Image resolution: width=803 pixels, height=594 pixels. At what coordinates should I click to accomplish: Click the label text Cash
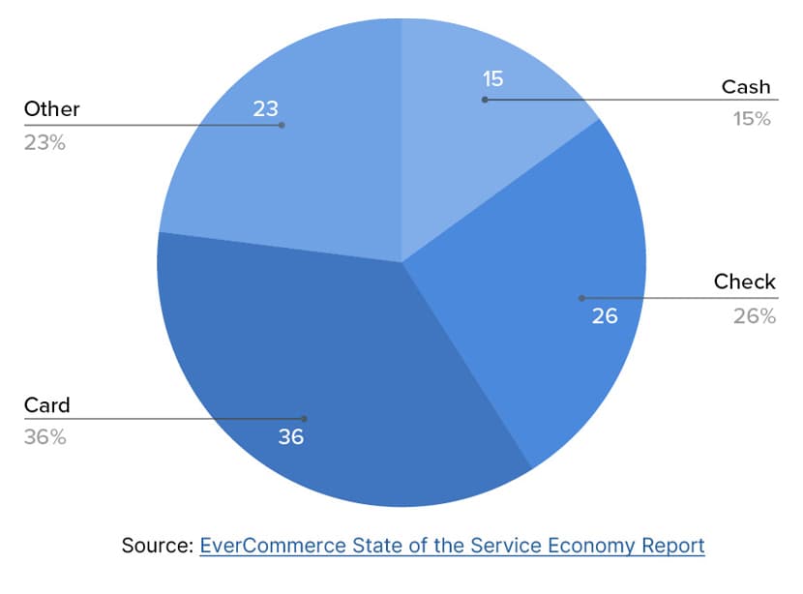click(746, 87)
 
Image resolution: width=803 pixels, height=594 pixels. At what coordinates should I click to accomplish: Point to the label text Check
click(744, 282)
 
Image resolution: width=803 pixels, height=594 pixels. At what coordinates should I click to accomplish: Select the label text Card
click(47, 404)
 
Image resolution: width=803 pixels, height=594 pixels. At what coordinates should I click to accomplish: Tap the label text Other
click(51, 109)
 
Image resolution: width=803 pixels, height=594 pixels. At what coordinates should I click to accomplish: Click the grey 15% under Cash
click(751, 119)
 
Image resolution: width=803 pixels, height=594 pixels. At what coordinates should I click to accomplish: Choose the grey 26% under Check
click(754, 315)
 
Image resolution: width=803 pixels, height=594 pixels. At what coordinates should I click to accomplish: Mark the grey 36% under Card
click(45, 436)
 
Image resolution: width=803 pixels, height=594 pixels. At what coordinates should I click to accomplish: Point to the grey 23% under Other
click(45, 142)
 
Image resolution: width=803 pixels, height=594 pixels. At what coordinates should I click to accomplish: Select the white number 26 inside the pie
click(605, 315)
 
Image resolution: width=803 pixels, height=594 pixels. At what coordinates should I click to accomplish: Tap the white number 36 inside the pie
click(290, 436)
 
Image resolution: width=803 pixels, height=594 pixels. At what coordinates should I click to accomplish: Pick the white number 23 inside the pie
click(266, 108)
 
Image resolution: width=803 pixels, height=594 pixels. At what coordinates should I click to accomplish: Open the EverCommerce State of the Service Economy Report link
click(452, 546)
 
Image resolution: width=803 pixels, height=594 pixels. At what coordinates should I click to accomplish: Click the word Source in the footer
click(157, 546)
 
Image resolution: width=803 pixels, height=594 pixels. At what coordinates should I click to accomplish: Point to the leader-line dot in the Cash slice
click(485, 99)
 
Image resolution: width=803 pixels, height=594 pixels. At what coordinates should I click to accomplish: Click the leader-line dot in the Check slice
click(580, 297)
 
